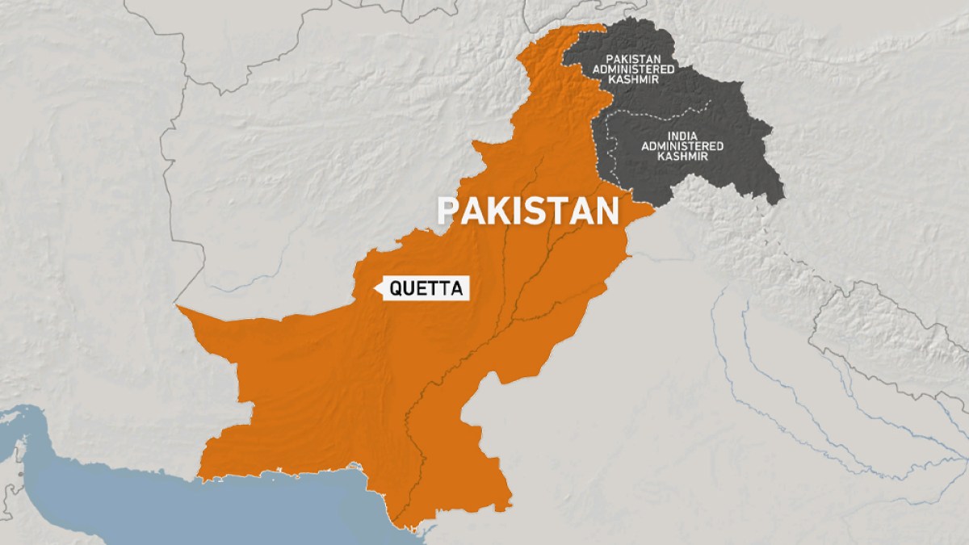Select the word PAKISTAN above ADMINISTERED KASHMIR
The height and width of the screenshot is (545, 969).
click(636, 59)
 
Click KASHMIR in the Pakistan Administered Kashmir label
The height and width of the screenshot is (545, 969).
click(636, 80)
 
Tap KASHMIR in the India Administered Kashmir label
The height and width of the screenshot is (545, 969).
click(682, 156)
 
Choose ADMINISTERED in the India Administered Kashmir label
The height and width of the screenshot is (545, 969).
click(682, 145)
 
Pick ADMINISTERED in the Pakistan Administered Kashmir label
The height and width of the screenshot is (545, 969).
click(636, 69)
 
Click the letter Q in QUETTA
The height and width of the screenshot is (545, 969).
click(396, 288)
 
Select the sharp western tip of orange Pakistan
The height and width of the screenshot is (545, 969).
click(178, 307)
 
